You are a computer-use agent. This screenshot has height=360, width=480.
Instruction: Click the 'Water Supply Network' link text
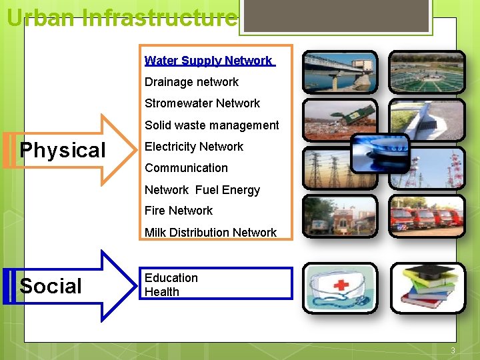coord(209,61)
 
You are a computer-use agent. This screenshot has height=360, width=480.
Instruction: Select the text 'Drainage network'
coord(191,82)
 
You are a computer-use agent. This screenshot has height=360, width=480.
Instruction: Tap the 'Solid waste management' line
coord(211,125)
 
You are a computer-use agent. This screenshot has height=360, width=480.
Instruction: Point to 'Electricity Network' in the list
coord(194,147)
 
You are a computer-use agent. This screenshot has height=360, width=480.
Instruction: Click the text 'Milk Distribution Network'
coord(210,233)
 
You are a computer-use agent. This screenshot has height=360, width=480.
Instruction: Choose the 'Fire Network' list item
coord(179,211)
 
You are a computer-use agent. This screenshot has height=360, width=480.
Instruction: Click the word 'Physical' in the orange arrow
coord(63,151)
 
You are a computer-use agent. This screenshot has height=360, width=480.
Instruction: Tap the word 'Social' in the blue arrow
coord(51,287)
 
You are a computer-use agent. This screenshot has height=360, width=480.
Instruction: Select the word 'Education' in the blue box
coord(171,278)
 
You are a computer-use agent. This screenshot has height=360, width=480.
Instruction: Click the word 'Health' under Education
coord(162,292)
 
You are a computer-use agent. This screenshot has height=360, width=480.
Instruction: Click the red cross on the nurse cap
coord(341,285)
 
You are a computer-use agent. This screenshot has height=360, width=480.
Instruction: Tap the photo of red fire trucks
coord(427,217)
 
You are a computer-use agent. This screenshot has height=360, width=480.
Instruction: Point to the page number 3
coord(453,351)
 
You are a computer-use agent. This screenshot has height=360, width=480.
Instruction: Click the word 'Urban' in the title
coord(40,17)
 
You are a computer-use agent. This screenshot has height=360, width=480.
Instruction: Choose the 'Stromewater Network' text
coord(202,103)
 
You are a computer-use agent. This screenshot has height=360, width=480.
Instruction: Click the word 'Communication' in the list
coord(186,168)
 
